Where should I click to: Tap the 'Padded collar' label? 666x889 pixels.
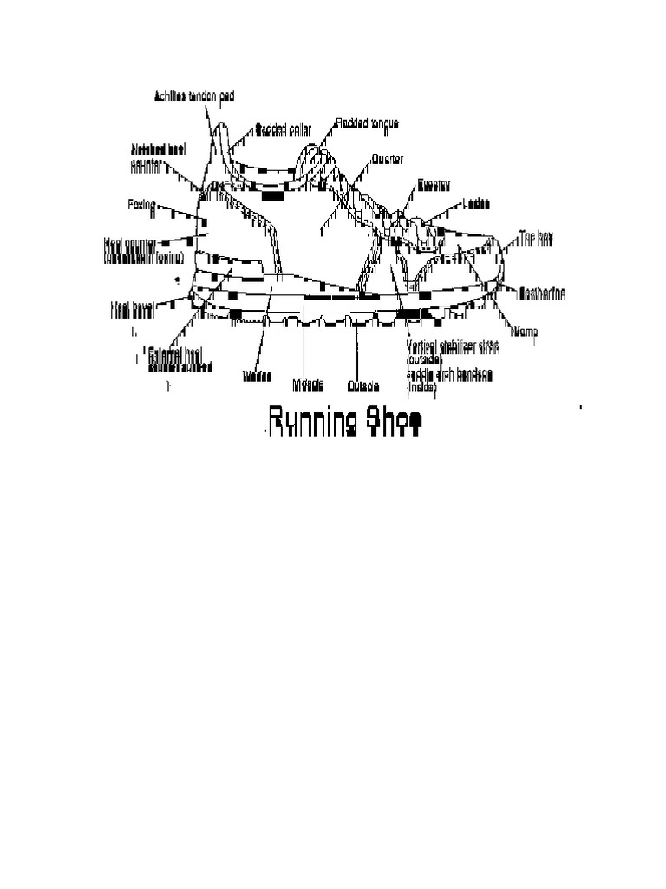coord(282,129)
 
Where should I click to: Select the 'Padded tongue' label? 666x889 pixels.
coord(367,123)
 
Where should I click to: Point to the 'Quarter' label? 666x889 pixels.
coord(388,159)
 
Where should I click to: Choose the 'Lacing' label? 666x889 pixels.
coord(477,204)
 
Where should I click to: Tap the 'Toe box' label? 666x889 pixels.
coord(535,235)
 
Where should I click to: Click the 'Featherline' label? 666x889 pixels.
coord(542,293)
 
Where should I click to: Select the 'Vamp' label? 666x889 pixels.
coord(526,331)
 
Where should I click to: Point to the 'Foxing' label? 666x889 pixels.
coord(141,206)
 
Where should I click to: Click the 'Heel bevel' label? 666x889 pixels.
coord(132,306)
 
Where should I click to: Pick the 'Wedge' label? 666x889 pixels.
coord(258,377)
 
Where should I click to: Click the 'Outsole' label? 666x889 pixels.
coord(362,385)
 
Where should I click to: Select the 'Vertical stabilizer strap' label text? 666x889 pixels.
coord(451,345)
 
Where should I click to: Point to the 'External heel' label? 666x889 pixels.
coord(175,353)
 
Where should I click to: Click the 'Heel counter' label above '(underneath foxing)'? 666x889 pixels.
coord(130,244)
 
